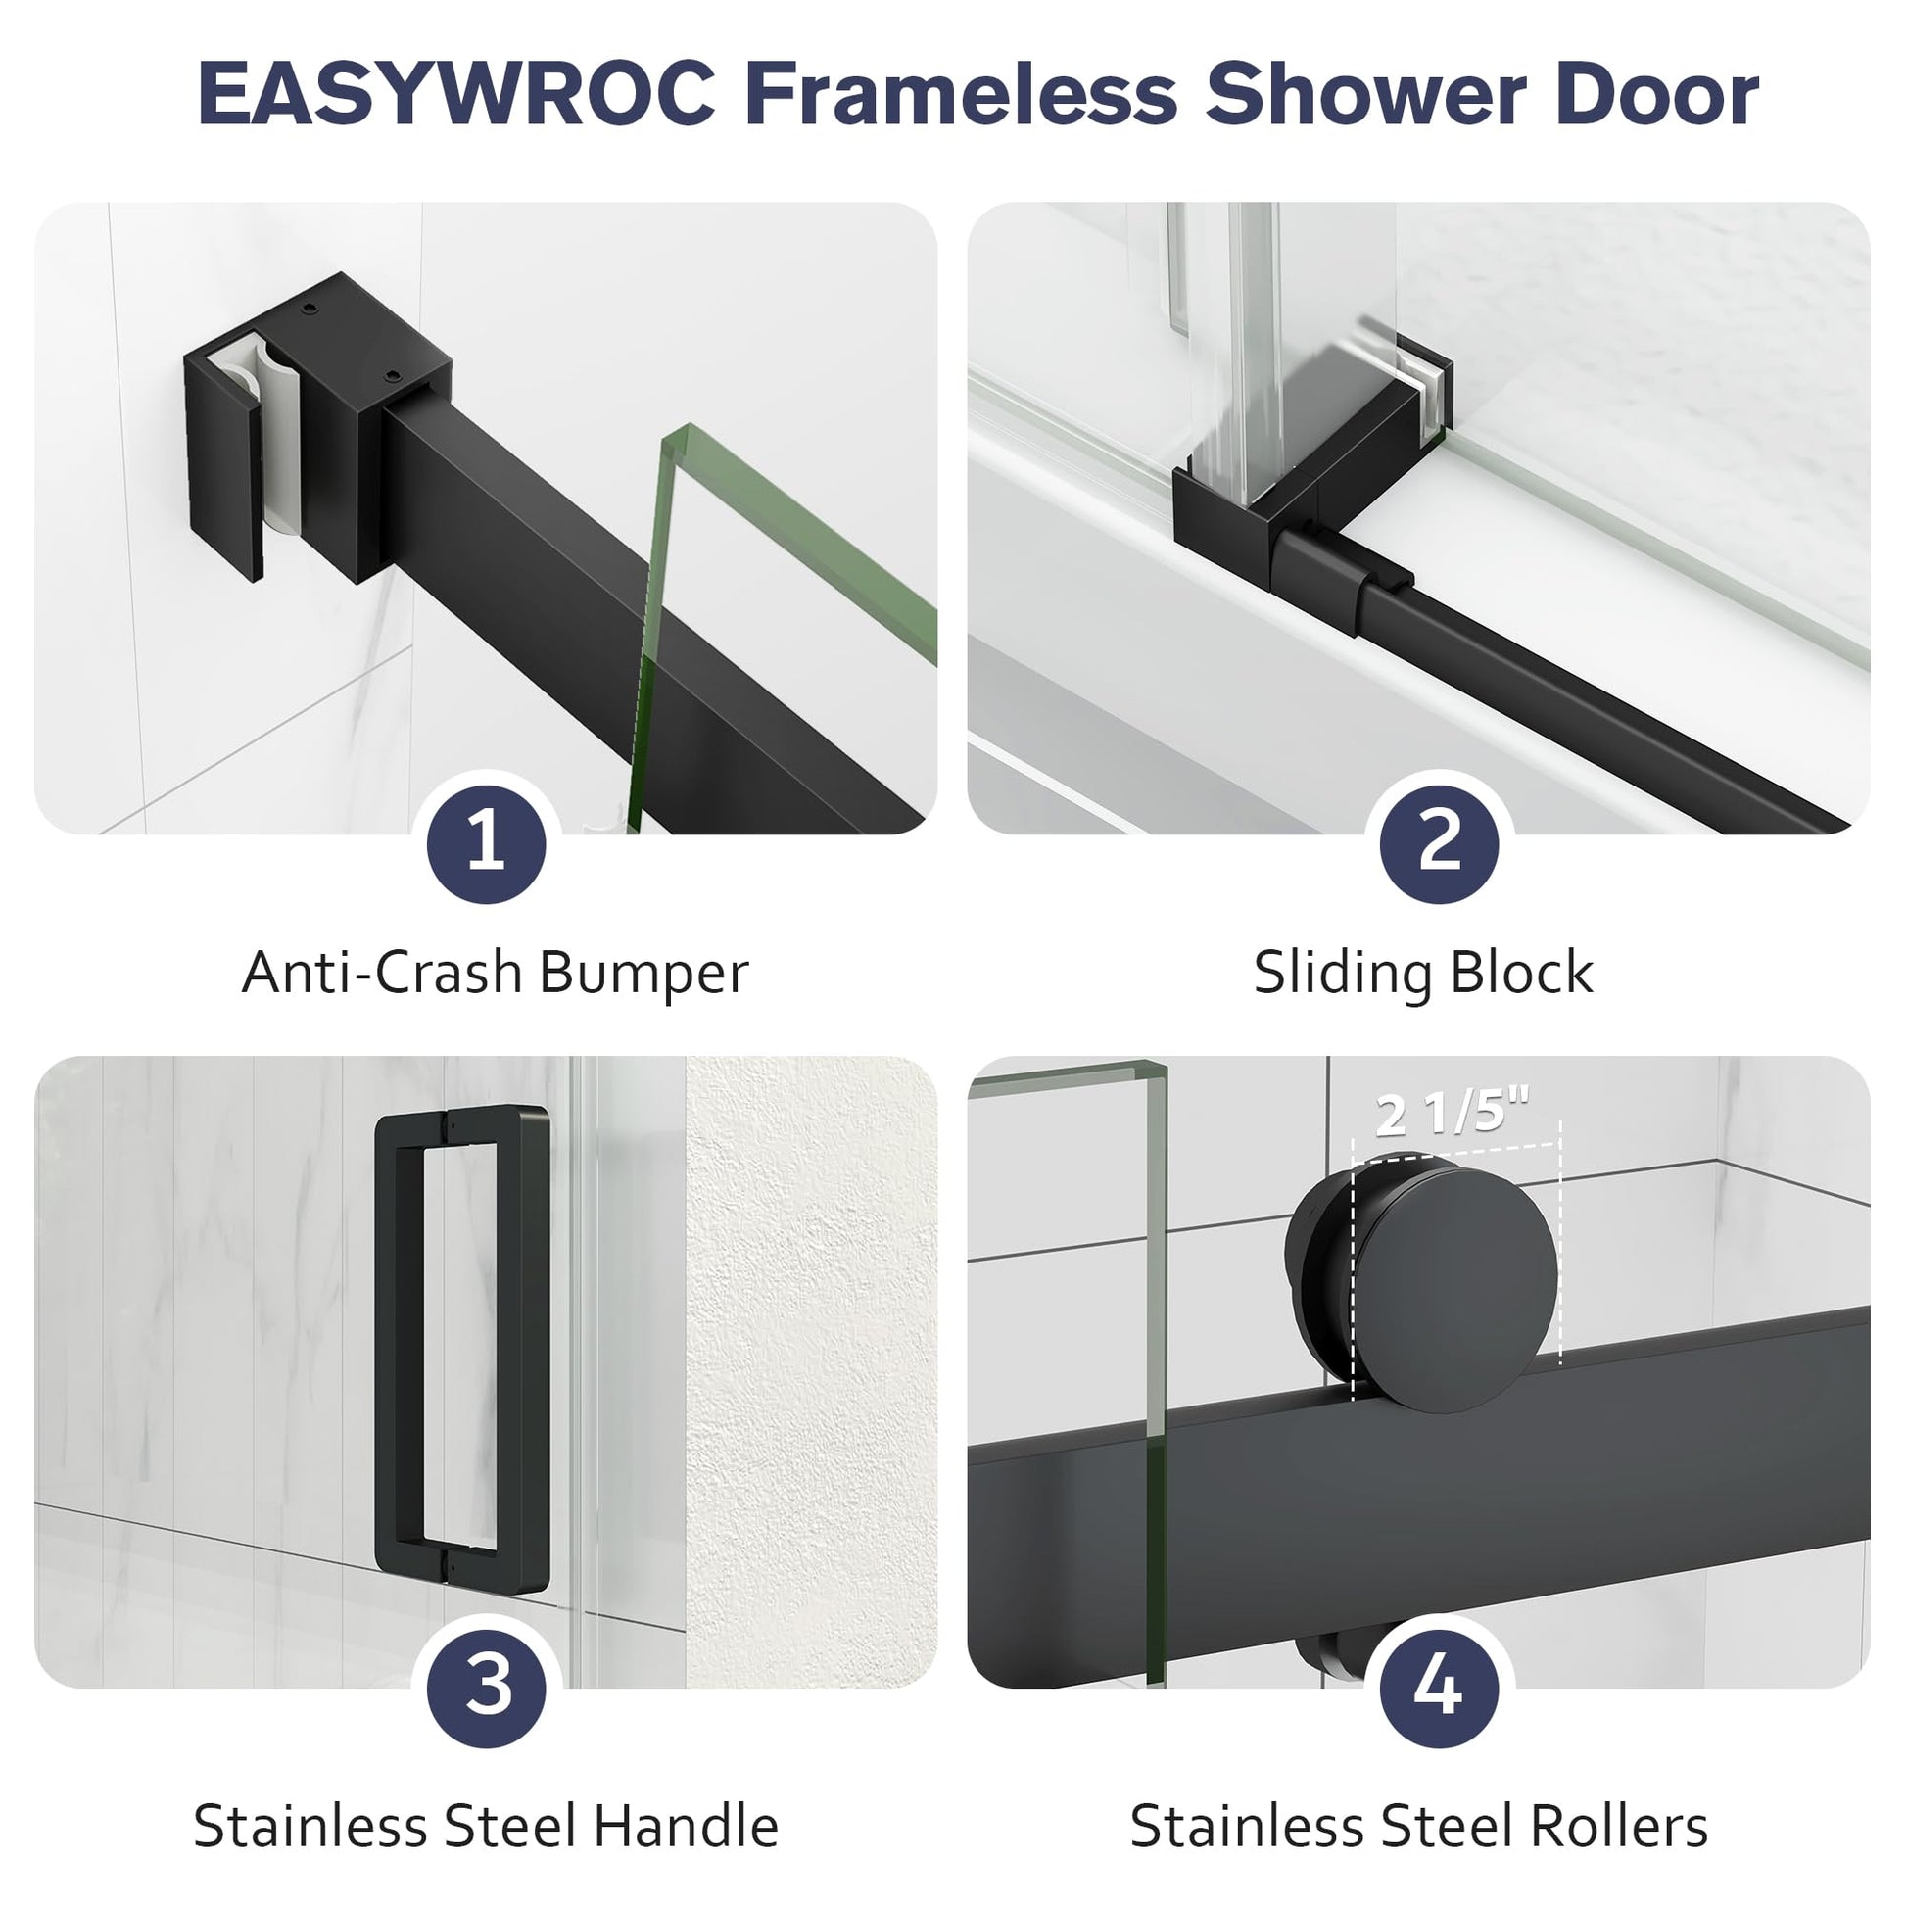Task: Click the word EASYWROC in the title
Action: pyautogui.click(x=456, y=94)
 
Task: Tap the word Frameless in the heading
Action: pyautogui.click(x=961, y=94)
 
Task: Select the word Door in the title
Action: pyautogui.click(x=1657, y=94)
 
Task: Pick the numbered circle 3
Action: pyautogui.click(x=486, y=1686)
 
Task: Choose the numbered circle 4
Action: pyautogui.click(x=1439, y=1686)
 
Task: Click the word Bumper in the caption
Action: pyautogui.click(x=644, y=974)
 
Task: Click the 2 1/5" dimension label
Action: pyautogui.click(x=1453, y=1112)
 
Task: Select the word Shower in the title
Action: pyautogui.click(x=1366, y=94)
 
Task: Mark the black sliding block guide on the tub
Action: pyautogui.click(x=1292, y=503)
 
